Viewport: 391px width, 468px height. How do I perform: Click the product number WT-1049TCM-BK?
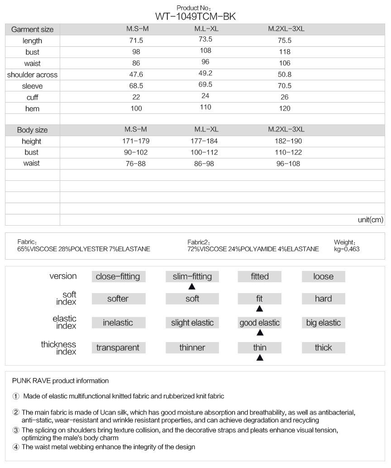195,17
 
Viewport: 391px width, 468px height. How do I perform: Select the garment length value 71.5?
136,40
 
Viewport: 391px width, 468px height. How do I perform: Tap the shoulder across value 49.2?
205,74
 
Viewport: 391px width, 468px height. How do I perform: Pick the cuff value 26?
286,97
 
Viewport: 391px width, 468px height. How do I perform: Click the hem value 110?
205,108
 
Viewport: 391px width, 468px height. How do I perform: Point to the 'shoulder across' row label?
32,74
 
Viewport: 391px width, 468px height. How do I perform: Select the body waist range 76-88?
135,164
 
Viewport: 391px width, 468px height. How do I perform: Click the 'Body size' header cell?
32,130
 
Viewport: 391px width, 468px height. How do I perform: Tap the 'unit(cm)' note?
370,220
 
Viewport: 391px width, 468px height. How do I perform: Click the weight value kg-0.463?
347,249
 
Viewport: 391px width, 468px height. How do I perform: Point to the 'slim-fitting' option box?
192,276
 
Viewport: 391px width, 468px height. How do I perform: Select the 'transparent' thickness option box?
118,347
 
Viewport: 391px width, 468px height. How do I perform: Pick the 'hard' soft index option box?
323,299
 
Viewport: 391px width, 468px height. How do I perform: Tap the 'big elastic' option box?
323,323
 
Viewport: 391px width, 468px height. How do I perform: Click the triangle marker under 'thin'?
260,358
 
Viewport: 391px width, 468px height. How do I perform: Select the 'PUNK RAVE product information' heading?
60,381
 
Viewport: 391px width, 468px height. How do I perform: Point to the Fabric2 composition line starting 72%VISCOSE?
253,249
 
